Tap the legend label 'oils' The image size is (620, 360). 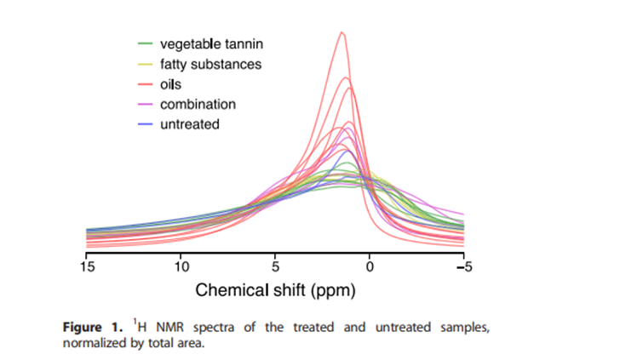point(171,84)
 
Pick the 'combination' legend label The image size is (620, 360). point(198,104)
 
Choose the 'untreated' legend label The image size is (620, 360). point(190,124)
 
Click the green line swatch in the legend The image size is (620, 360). point(145,43)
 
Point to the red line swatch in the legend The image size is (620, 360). point(145,84)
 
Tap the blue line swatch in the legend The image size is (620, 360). point(145,124)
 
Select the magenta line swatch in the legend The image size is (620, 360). point(145,104)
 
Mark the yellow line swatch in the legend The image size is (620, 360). point(145,64)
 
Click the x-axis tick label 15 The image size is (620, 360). point(86,267)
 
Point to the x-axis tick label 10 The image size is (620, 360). point(181,267)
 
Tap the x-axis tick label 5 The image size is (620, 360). point(275,267)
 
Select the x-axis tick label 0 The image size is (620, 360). point(370,267)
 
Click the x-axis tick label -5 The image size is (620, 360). point(462,267)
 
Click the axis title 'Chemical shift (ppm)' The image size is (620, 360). point(275,289)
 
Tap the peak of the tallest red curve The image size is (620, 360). point(342,32)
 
